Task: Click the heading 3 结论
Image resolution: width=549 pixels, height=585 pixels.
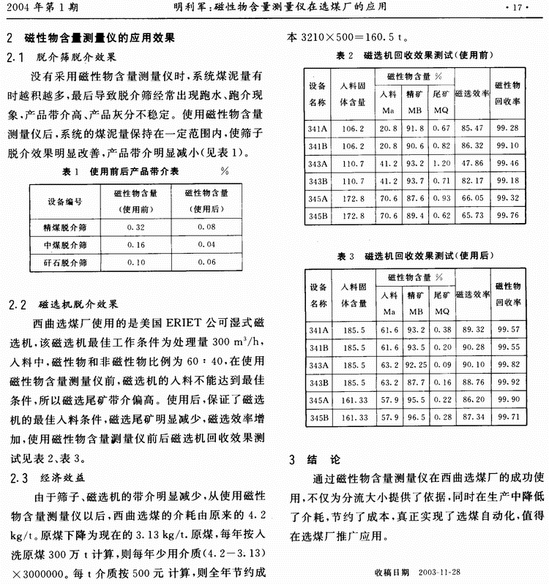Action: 315,460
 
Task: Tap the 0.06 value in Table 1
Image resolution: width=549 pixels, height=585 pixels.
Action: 207,262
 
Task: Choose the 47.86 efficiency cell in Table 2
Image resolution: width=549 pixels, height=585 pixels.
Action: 471,162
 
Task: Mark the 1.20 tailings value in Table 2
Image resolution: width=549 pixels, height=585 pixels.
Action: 441,162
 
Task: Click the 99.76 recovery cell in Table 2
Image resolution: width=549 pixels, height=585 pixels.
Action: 507,215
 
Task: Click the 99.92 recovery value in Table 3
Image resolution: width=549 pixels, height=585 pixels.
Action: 507,382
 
